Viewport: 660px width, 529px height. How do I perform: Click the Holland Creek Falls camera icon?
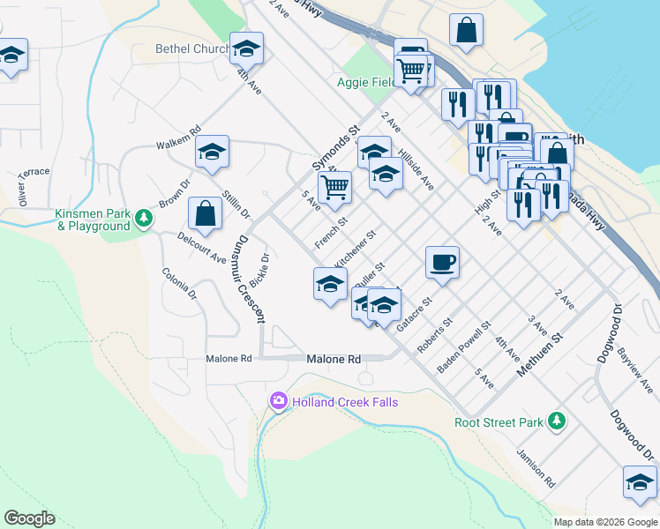click(x=279, y=402)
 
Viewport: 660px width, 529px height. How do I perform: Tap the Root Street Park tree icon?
click(x=556, y=421)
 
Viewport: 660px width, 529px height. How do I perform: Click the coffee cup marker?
click(x=442, y=261)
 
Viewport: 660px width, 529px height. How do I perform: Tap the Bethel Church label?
click(x=192, y=49)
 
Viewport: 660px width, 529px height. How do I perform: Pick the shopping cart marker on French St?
click(x=334, y=187)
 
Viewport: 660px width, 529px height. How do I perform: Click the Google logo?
click(x=29, y=518)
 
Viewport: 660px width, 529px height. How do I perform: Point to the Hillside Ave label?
click(x=416, y=168)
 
